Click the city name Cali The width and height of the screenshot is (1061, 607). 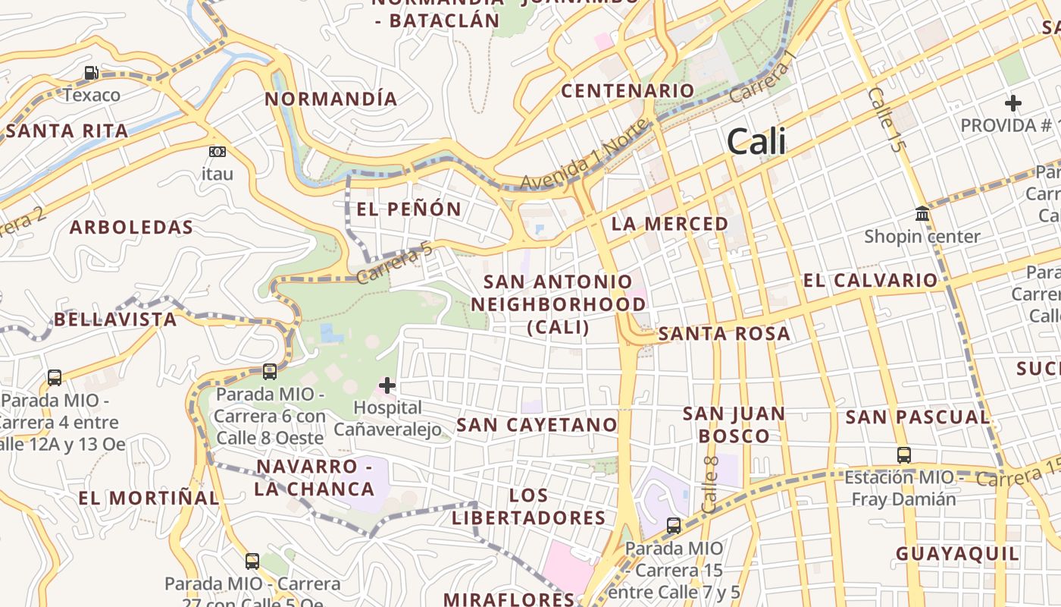(756, 142)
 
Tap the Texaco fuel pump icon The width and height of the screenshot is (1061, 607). (91, 73)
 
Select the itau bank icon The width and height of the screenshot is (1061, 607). (218, 152)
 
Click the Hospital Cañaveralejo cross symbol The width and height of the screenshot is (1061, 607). (387, 385)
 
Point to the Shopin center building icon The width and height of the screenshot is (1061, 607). (922, 214)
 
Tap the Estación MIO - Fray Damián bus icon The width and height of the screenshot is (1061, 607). (903, 454)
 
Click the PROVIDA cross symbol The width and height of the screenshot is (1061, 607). (1012, 102)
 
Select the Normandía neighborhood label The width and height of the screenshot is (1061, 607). (331, 99)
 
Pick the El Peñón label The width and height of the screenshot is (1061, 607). (408, 209)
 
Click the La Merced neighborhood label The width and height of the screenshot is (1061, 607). (669, 224)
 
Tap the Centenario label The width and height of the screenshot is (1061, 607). (628, 91)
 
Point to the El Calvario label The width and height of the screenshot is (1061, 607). (870, 281)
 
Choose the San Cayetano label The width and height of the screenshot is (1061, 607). (537, 424)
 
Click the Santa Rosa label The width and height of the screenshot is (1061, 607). (724, 334)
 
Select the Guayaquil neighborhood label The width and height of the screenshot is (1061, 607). (958, 554)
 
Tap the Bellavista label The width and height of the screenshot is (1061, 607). (115, 319)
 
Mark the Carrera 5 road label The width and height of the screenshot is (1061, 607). (393, 263)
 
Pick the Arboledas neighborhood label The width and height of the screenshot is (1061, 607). (131, 227)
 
